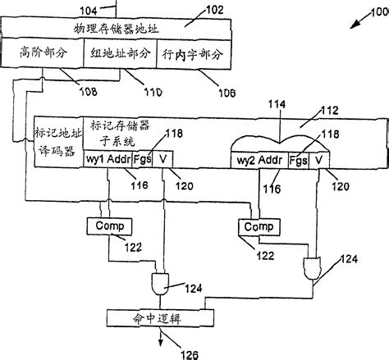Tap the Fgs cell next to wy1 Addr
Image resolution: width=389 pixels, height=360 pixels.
point(141,159)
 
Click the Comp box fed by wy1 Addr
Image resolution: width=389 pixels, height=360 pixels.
point(103,223)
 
